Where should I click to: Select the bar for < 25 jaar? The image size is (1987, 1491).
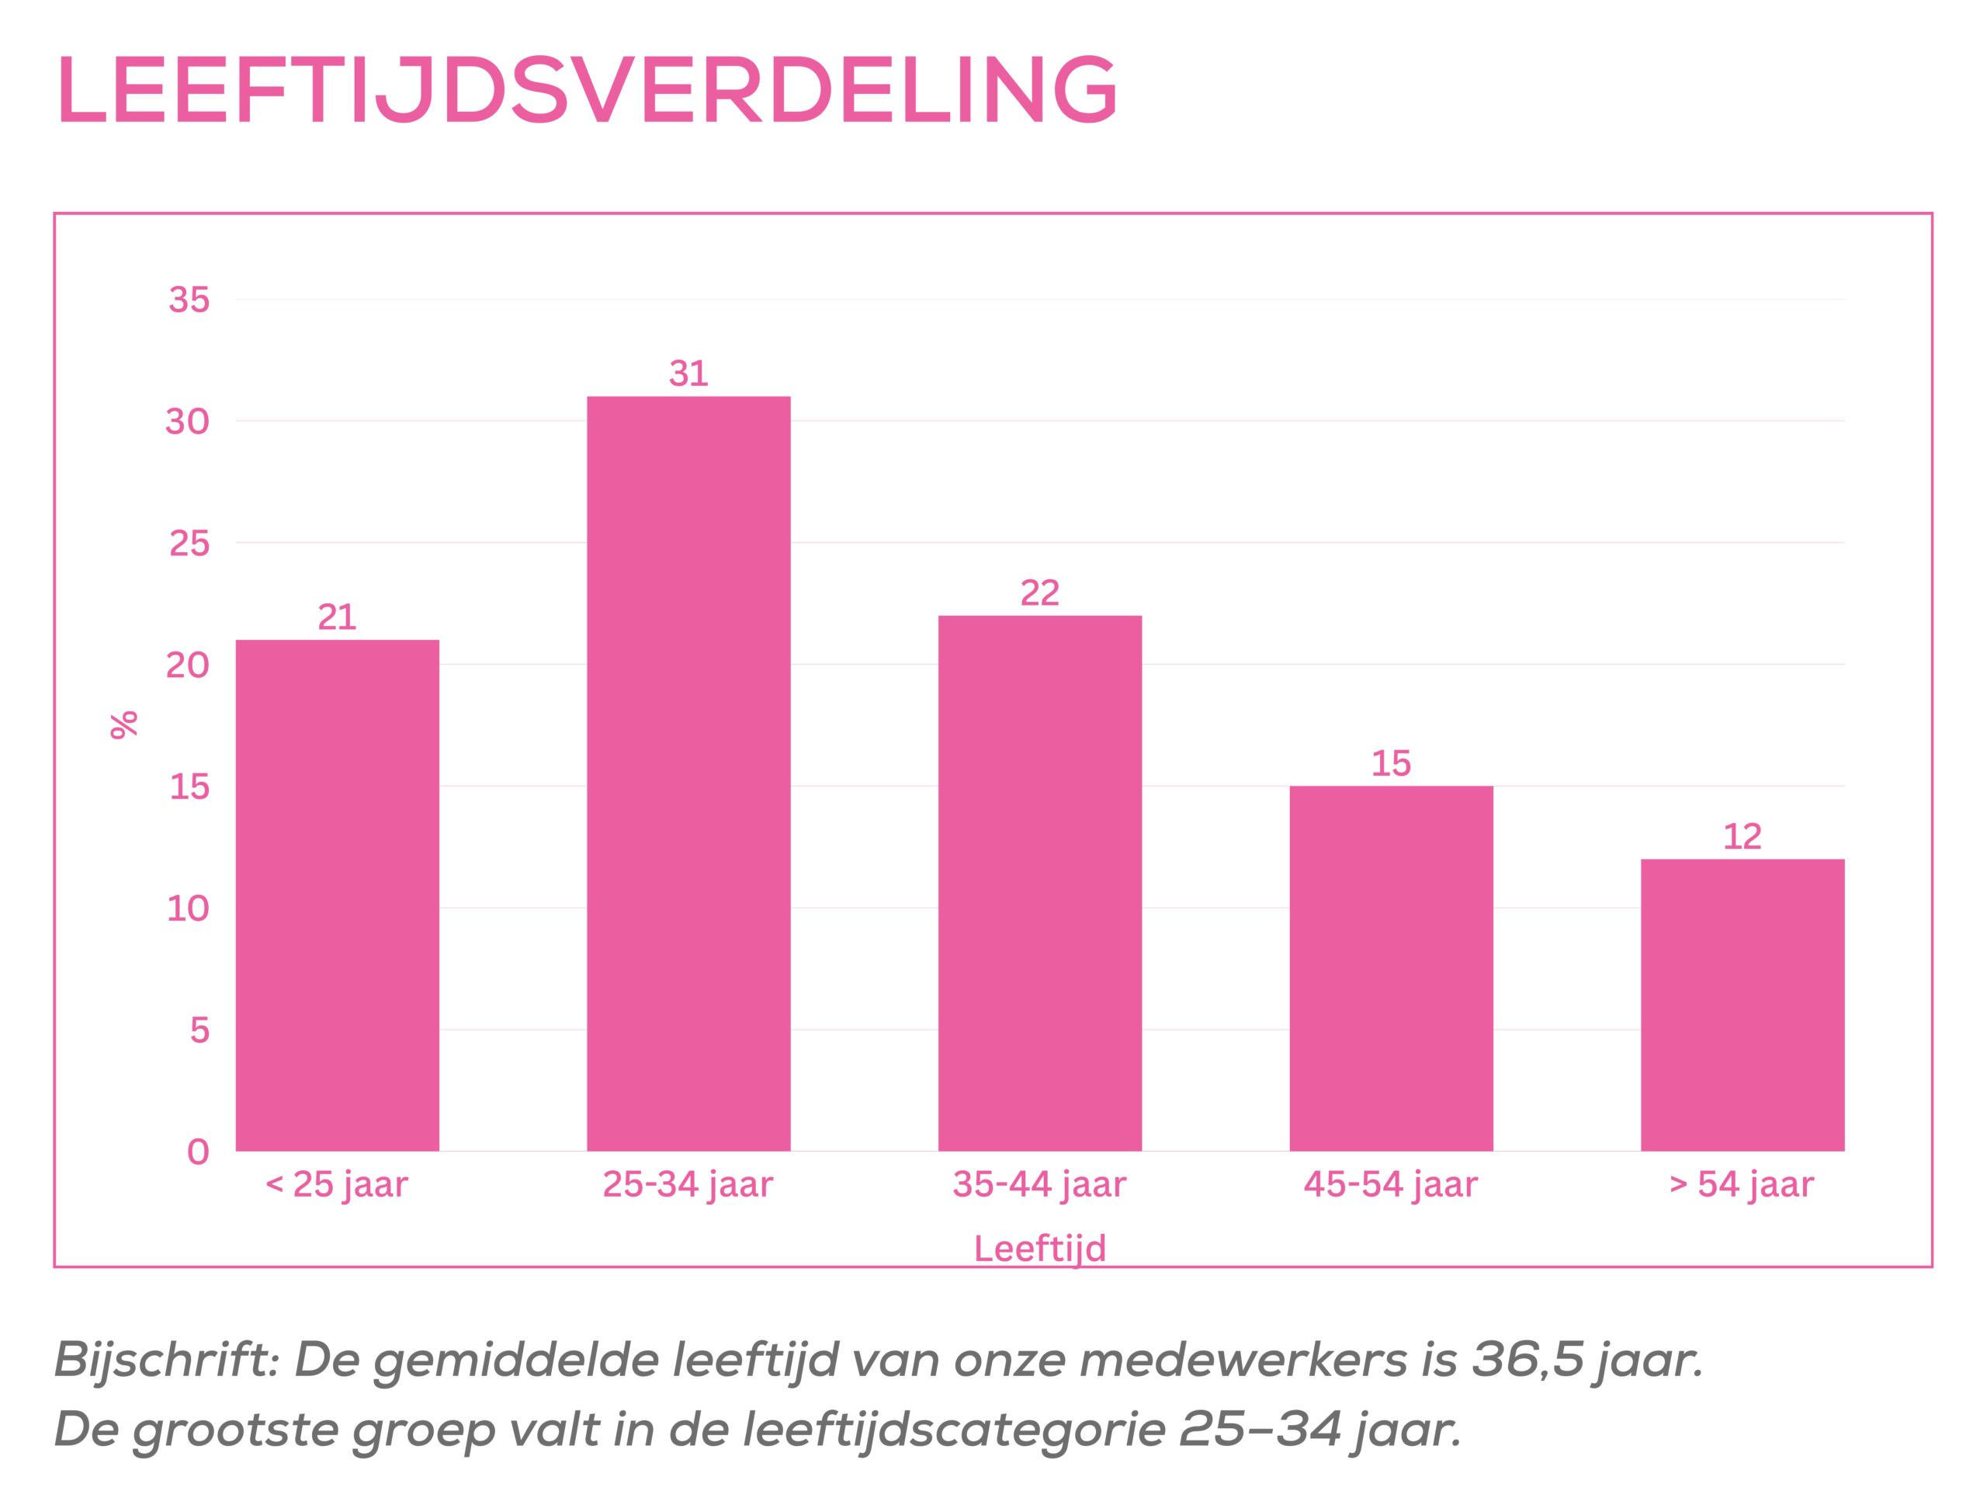tap(337, 895)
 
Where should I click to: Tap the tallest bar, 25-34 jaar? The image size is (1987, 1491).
tap(688, 773)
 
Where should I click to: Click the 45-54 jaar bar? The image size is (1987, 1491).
tap(1391, 968)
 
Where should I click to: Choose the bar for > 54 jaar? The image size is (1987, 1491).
tap(1742, 1005)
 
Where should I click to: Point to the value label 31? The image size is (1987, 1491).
tap(688, 373)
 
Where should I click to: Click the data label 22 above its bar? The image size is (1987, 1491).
tap(1039, 593)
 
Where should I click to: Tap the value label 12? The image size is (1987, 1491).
tap(1742, 836)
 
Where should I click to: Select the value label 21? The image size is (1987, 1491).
tap(337, 617)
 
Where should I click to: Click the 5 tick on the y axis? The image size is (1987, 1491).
tap(199, 1030)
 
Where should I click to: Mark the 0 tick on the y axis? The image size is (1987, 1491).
tap(198, 1152)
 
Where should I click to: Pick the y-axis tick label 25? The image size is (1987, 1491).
tap(189, 543)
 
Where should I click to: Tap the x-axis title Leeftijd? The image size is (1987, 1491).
tap(1039, 1249)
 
